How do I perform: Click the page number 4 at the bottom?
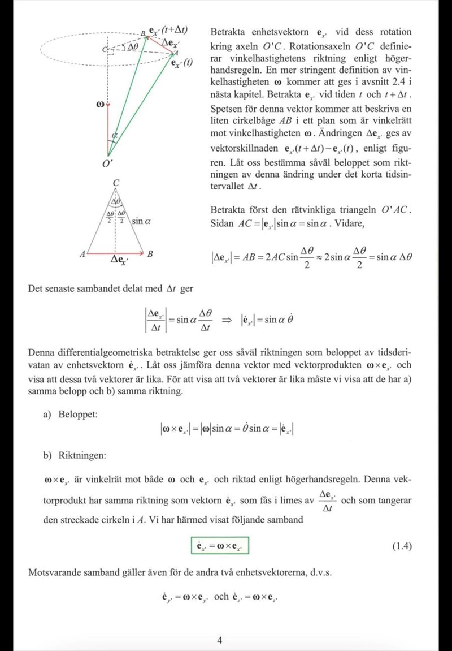pyautogui.click(x=220, y=640)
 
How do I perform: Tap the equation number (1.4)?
pyautogui.click(x=402, y=546)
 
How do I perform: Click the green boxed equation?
pyautogui.click(x=220, y=546)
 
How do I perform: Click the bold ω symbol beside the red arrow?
pyautogui.click(x=100, y=105)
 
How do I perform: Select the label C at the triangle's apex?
pyautogui.click(x=115, y=183)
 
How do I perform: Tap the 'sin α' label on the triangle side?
pyautogui.click(x=140, y=221)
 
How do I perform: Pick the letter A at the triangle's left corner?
pyautogui.click(x=82, y=255)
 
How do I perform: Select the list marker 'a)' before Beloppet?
pyautogui.click(x=48, y=415)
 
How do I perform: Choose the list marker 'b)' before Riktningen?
pyautogui.click(x=48, y=455)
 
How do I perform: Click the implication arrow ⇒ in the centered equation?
pyautogui.click(x=227, y=320)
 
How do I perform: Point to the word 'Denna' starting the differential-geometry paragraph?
pyautogui.click(x=41, y=352)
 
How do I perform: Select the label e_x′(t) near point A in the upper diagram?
pyautogui.click(x=182, y=62)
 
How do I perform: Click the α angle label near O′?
pyautogui.click(x=115, y=135)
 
